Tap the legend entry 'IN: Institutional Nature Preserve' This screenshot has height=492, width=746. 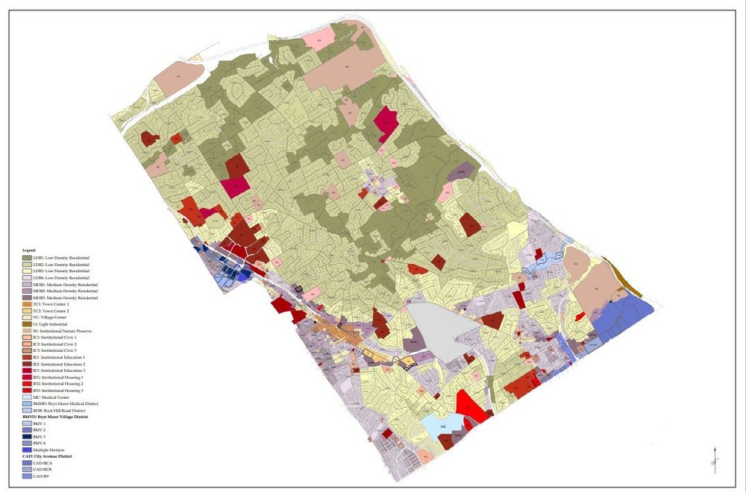tap(63, 331)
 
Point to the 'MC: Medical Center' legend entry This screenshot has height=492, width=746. tap(51, 397)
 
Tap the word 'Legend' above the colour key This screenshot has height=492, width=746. tap(28, 250)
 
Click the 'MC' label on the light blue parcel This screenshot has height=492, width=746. tap(443, 426)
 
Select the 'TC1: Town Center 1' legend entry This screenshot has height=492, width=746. tap(52, 304)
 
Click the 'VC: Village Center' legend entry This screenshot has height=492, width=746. tap(51, 318)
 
